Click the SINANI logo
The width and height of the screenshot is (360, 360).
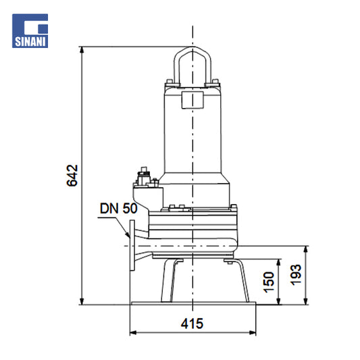pyautogui.click(x=30, y=31)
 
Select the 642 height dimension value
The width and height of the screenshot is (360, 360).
pyautogui.click(x=72, y=176)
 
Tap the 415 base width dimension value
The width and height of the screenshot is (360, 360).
pyautogui.click(x=192, y=324)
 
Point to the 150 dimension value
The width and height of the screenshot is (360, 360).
pyautogui.click(x=269, y=282)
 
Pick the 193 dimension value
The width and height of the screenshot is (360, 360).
pyautogui.click(x=296, y=275)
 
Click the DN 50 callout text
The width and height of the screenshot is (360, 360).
pyautogui.click(x=118, y=208)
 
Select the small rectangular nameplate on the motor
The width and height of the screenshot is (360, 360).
pyautogui.click(x=192, y=100)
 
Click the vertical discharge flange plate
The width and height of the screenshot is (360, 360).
pyautogui.click(x=132, y=245)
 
